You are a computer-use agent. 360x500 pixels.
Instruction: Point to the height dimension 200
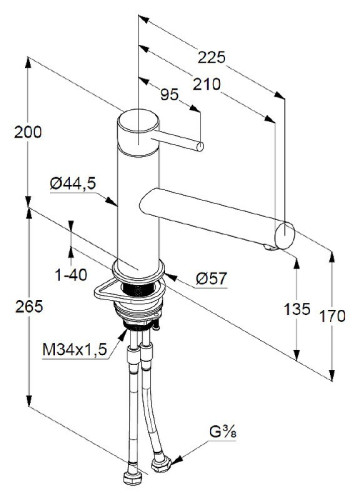coord(27,131)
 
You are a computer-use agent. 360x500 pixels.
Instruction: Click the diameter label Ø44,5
coord(72,183)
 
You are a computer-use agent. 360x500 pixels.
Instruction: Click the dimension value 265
coord(27,306)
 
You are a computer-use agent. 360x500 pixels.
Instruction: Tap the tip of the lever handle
coord(200,149)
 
